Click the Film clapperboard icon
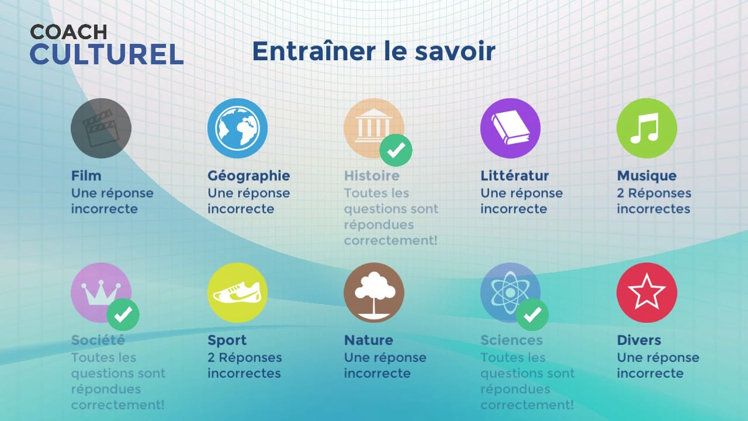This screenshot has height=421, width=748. (101, 128)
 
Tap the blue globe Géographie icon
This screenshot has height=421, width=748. (237, 128)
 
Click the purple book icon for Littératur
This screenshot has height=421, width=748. (510, 128)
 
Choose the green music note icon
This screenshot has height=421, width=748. (647, 128)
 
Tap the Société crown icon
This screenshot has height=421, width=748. (99, 291)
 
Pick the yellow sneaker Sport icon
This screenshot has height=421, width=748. (237, 292)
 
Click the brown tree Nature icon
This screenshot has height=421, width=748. (374, 292)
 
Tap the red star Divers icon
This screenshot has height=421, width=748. (647, 292)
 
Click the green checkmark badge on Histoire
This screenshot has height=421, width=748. (396, 150)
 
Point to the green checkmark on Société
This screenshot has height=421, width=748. (123, 315)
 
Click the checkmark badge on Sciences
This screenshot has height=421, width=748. (532, 315)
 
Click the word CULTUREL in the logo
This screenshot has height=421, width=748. (107, 54)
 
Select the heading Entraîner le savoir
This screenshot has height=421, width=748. (373, 51)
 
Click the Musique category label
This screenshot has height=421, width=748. (646, 175)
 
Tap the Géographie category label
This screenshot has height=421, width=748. (248, 175)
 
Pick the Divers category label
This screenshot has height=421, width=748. (639, 340)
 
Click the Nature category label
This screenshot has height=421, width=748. (368, 340)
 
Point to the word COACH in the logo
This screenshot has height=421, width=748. (68, 32)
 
